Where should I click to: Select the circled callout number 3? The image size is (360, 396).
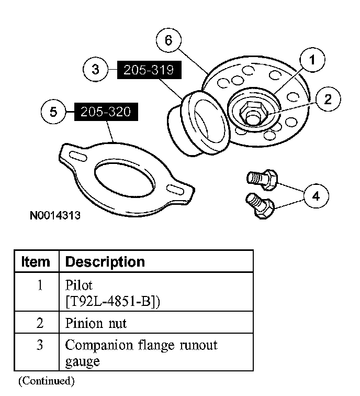(96, 70)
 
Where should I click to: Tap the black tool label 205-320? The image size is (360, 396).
(106, 112)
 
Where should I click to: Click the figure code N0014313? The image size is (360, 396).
(55, 215)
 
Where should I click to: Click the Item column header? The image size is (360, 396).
(36, 261)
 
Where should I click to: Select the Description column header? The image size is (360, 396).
(105, 261)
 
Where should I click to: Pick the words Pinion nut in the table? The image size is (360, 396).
(96, 323)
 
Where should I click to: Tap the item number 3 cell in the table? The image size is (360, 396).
(40, 346)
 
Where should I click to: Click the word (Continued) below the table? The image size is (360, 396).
(46, 380)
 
